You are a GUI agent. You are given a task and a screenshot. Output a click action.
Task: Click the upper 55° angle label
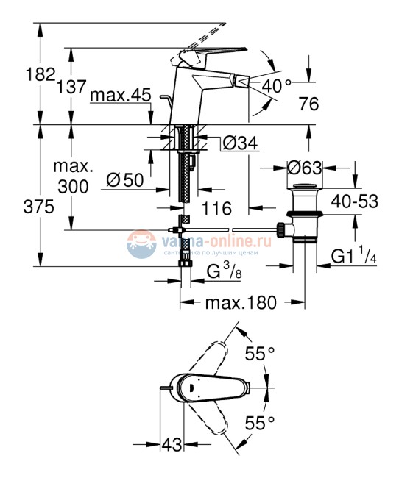[x=259, y=354]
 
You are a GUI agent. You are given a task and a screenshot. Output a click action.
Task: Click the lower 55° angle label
[x=259, y=422]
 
